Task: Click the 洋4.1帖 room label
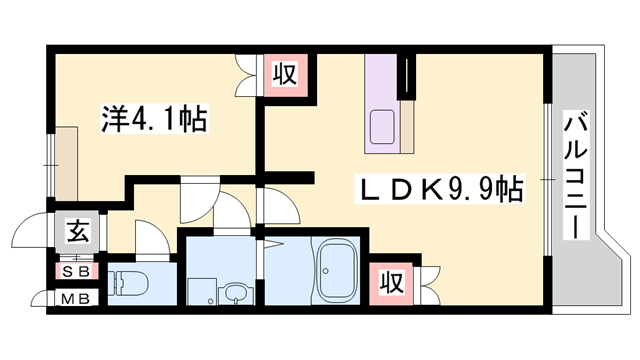(154, 121)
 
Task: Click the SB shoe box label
(76, 270)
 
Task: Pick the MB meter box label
(76, 297)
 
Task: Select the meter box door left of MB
(40, 297)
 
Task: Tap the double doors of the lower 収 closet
(427, 281)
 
